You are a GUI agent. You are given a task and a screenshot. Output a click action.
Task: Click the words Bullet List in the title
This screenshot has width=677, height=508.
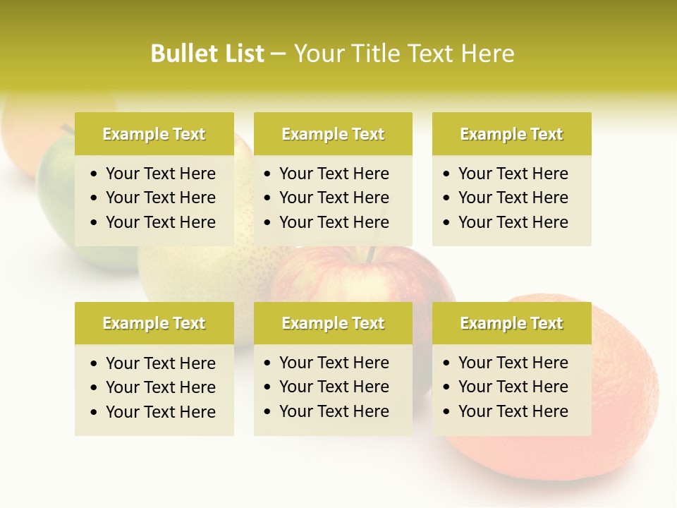pyautogui.click(x=207, y=54)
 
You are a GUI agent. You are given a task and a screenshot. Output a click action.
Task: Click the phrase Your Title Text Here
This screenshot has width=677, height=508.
pyautogui.click(x=403, y=54)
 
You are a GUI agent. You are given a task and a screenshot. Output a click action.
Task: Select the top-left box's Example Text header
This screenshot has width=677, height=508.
pyautogui.click(x=154, y=134)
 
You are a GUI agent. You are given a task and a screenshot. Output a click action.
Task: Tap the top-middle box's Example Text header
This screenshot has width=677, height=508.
pyautogui.click(x=333, y=134)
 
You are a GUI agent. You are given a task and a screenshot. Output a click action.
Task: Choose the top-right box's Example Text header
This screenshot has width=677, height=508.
pyautogui.click(x=511, y=134)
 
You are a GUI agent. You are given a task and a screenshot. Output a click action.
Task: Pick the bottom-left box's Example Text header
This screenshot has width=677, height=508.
pyautogui.click(x=154, y=323)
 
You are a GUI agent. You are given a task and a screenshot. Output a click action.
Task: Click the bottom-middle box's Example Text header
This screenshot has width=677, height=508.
pyautogui.click(x=333, y=323)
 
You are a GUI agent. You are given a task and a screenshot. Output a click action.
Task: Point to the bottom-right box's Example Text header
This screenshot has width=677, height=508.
pyautogui.click(x=511, y=323)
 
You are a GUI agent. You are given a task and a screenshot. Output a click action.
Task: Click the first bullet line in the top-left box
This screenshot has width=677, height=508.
pyautogui.click(x=160, y=174)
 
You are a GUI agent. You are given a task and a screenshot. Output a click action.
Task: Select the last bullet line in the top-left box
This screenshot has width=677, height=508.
pyautogui.click(x=160, y=222)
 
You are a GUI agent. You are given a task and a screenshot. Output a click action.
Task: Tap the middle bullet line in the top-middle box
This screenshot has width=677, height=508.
pyautogui.click(x=334, y=198)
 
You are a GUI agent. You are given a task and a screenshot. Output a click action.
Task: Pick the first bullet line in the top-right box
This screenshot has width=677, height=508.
pyautogui.click(x=513, y=174)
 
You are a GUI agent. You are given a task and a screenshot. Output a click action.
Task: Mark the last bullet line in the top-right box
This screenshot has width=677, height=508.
pyautogui.click(x=513, y=222)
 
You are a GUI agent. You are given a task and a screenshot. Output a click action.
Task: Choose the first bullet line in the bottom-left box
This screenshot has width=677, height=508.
pyautogui.click(x=160, y=363)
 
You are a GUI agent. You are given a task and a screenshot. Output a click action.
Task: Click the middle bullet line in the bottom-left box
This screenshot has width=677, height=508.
pyautogui.click(x=160, y=387)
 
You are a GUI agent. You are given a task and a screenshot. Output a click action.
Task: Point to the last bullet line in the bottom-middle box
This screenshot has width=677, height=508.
pyautogui.click(x=334, y=411)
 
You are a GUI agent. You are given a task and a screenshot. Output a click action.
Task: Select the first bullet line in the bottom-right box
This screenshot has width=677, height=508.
pyautogui.click(x=513, y=363)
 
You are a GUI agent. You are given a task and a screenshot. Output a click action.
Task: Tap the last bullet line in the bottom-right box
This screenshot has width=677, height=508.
pyautogui.click(x=513, y=411)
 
